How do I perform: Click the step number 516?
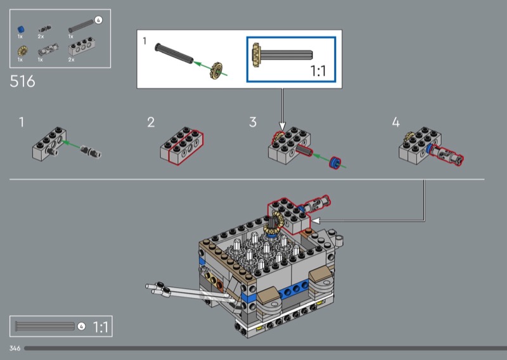[x=22, y=81]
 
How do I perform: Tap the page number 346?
[x=15, y=348]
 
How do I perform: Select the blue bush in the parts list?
[x=21, y=29]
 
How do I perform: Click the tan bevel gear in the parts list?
[x=23, y=51]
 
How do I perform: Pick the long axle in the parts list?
[x=81, y=26]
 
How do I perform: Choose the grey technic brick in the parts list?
[x=82, y=48]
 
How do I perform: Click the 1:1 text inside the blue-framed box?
[x=318, y=71]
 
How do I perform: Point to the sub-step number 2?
[x=151, y=122]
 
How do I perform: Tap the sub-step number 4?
[x=395, y=122]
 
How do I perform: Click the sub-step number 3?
[x=253, y=122]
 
